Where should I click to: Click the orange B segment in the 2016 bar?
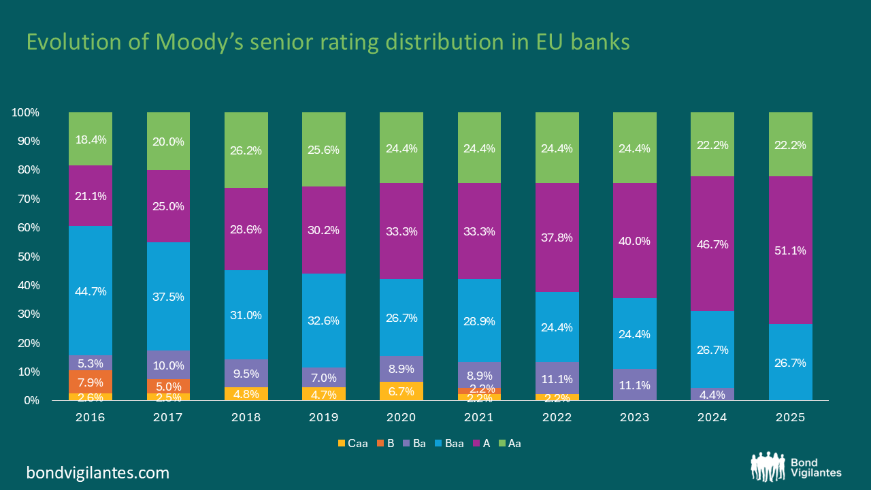pyautogui.click(x=91, y=382)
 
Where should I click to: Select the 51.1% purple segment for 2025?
pyautogui.click(x=790, y=250)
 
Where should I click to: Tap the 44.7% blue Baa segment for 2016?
pyautogui.click(x=91, y=291)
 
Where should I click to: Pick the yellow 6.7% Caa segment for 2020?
pyautogui.click(x=401, y=391)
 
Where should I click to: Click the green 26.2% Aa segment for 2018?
pyautogui.click(x=246, y=150)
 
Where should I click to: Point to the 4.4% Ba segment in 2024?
pyautogui.click(x=712, y=394)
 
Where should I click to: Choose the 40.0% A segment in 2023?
pyautogui.click(x=635, y=241)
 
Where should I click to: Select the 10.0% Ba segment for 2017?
pyautogui.click(x=168, y=365)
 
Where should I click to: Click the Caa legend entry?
pyautogui.click(x=353, y=443)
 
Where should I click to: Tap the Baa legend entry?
pyautogui.click(x=449, y=443)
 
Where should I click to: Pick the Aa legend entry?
pyautogui.click(x=510, y=443)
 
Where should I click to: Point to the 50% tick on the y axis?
pyautogui.click(x=29, y=257)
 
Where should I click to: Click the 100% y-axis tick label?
pyautogui.click(x=26, y=113)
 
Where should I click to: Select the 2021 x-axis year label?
pyautogui.click(x=478, y=417)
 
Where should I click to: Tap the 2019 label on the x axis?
pyautogui.click(x=323, y=417)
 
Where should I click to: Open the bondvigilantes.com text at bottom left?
pyautogui.click(x=97, y=473)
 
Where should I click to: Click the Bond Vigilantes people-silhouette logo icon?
pyautogui.click(x=768, y=467)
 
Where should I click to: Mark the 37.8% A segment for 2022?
pyautogui.click(x=557, y=238)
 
